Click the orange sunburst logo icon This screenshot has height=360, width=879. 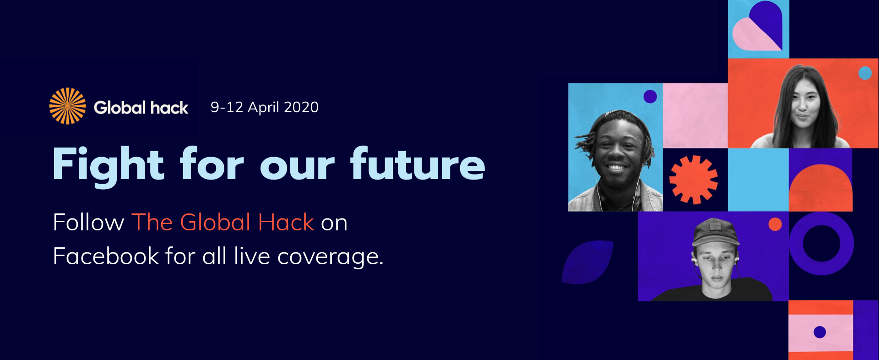click(67, 106)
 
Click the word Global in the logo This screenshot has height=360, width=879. click(119, 108)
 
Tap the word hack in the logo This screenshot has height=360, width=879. click(169, 108)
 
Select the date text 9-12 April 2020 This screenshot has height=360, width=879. click(265, 107)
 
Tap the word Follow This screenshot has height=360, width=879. click(88, 223)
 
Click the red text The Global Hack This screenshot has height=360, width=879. click(223, 223)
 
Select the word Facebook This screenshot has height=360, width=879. click(106, 256)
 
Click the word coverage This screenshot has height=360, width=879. click(330, 257)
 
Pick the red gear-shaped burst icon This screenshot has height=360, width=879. click(694, 180)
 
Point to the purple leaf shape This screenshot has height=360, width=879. click(587, 262)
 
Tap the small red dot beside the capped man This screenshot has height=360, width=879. click(775, 224)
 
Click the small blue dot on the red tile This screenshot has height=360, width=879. click(865, 73)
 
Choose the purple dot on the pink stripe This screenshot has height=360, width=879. click(820, 332)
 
